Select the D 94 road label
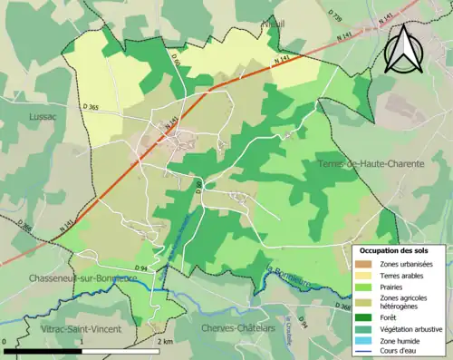(141, 268)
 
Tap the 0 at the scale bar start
(5, 342)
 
